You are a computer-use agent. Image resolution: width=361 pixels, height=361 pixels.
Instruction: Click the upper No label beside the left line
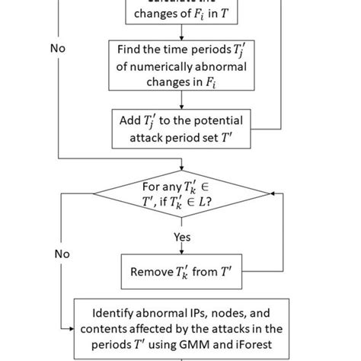tap(58, 48)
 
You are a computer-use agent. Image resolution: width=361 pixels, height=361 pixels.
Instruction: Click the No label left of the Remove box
tap(61, 254)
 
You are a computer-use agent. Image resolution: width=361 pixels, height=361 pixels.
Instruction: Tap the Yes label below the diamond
tap(180, 236)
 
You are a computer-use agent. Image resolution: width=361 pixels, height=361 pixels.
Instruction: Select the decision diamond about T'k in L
tap(180, 194)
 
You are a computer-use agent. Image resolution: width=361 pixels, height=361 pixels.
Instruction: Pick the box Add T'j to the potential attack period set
tap(180, 127)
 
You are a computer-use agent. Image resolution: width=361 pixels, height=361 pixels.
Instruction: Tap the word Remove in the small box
tap(152, 272)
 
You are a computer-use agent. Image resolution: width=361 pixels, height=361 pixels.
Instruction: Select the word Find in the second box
tap(130, 50)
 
